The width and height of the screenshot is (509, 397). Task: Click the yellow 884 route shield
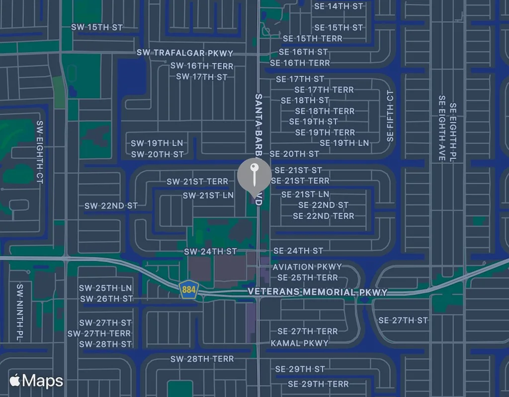point(188,289)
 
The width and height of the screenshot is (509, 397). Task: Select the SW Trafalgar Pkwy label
point(185,53)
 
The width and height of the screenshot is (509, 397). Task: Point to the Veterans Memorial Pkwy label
point(318,292)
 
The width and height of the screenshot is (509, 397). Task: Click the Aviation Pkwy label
point(307,266)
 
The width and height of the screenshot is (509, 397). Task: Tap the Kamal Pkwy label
point(300,343)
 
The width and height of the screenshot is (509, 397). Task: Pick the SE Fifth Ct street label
point(390,116)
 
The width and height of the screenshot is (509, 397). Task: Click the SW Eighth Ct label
point(40,152)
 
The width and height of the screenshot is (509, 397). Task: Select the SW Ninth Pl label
point(20,312)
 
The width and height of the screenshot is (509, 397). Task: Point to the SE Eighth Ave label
point(442,128)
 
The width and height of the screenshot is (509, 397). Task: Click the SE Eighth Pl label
point(453,132)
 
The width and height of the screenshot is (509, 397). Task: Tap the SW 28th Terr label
point(202,359)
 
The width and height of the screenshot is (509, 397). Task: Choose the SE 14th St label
point(339,6)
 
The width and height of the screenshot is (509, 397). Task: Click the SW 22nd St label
point(111,206)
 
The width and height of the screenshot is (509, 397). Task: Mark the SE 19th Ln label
point(344,143)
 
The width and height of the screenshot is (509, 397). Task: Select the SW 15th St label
point(97,27)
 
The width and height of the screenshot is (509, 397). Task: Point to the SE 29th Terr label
point(318,384)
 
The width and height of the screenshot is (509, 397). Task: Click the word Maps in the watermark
point(43,381)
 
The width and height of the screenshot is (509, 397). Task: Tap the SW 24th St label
point(210,252)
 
